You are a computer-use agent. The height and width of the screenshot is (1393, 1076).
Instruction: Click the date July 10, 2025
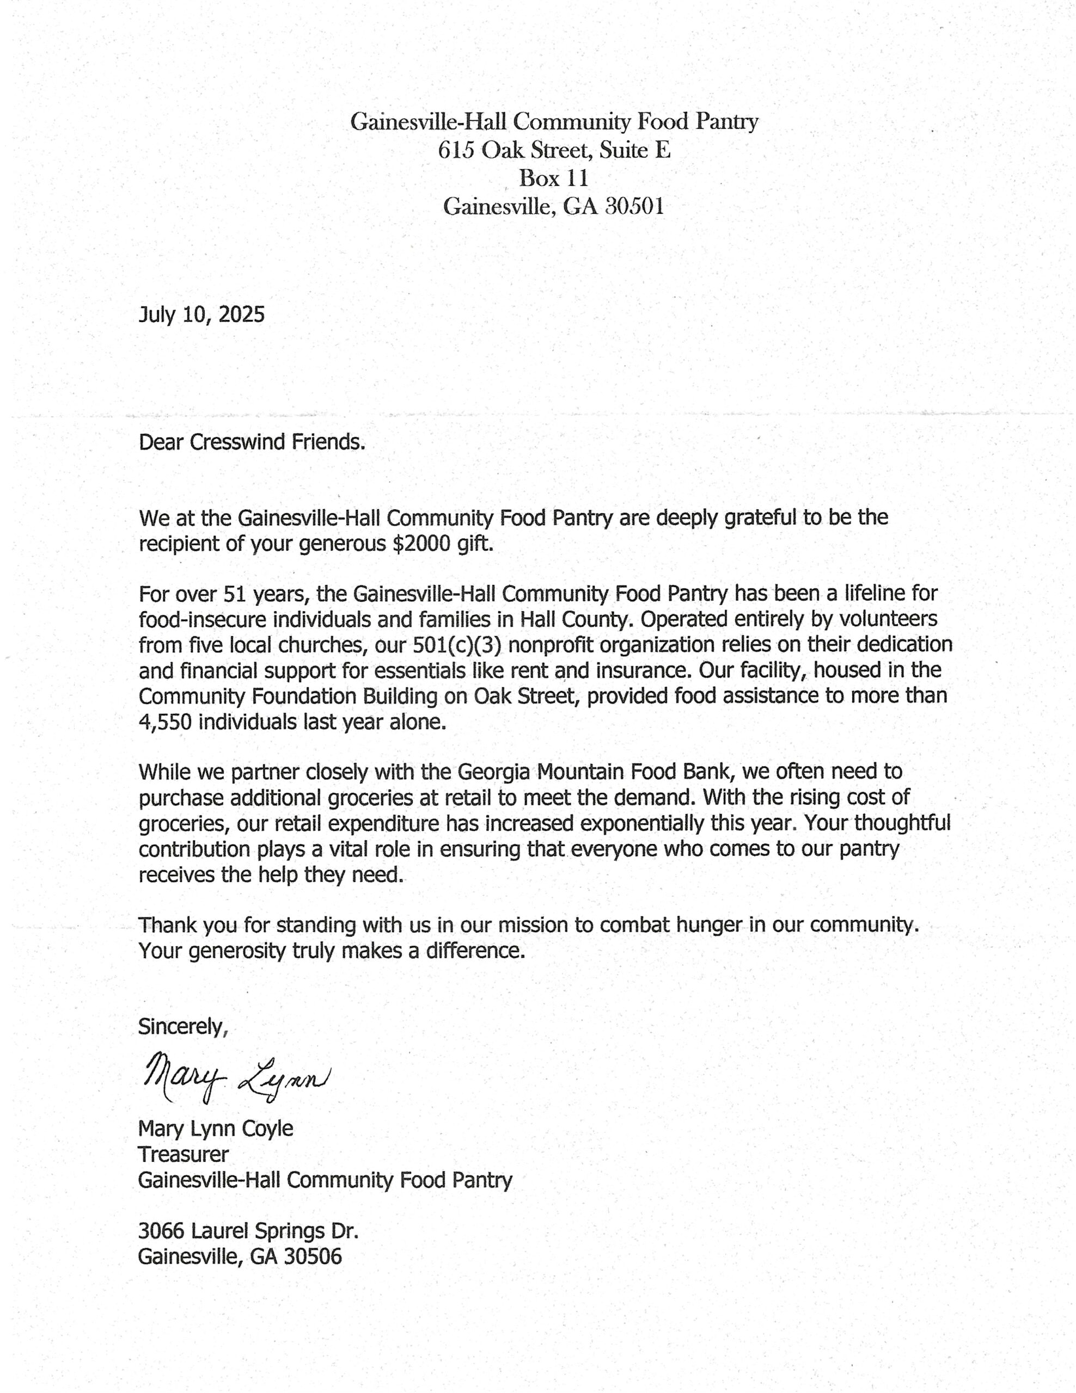tap(201, 315)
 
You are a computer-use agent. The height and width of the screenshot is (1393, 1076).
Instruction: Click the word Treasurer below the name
tap(183, 1154)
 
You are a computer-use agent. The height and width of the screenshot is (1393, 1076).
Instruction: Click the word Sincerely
tap(182, 1026)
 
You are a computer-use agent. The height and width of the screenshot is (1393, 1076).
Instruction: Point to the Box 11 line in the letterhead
tap(553, 178)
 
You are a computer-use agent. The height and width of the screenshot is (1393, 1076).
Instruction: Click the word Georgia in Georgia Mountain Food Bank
tap(493, 772)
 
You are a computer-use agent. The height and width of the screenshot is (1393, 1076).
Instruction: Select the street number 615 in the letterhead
tap(456, 151)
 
